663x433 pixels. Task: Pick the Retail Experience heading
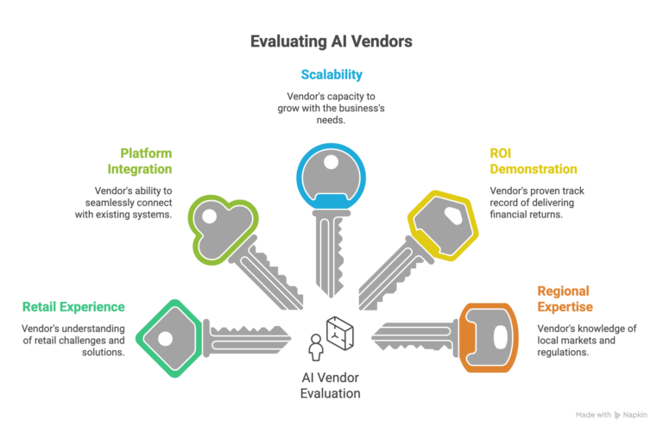[73, 306]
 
